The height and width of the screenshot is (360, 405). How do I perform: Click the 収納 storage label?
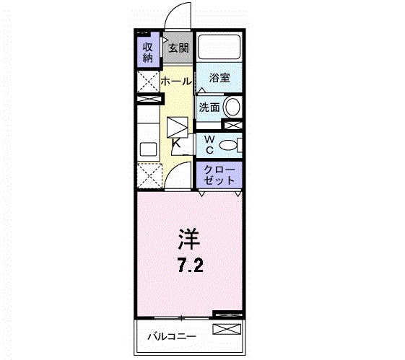click(147, 52)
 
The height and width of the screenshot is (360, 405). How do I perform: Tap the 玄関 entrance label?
click(178, 49)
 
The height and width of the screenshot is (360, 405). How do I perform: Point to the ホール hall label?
click(176, 82)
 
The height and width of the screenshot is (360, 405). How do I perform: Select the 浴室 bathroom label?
click(219, 78)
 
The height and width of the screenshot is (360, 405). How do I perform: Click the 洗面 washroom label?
click(210, 107)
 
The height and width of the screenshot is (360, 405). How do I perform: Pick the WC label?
click(208, 144)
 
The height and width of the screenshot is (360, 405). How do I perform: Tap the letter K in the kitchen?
click(177, 143)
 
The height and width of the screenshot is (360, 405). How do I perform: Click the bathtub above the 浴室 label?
click(219, 48)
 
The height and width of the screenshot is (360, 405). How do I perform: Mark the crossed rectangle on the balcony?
click(225, 330)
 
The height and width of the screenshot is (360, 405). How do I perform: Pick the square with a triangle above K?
click(178, 126)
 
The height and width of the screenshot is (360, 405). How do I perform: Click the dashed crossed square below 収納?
click(149, 81)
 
